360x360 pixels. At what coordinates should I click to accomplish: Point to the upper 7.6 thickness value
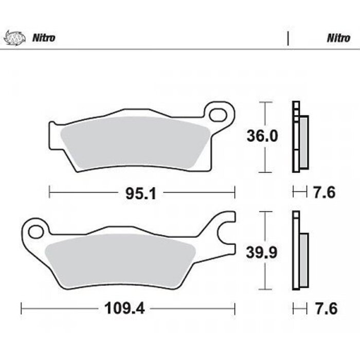(x=324, y=193)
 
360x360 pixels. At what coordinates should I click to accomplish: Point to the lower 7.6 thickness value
(x=324, y=309)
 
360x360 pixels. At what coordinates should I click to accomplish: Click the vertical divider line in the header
(x=287, y=38)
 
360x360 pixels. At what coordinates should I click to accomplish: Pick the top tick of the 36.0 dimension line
(x=264, y=103)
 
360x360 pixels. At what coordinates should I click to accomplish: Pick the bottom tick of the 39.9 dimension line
(x=264, y=289)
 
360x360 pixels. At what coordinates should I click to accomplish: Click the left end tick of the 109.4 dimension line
(x=21, y=309)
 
